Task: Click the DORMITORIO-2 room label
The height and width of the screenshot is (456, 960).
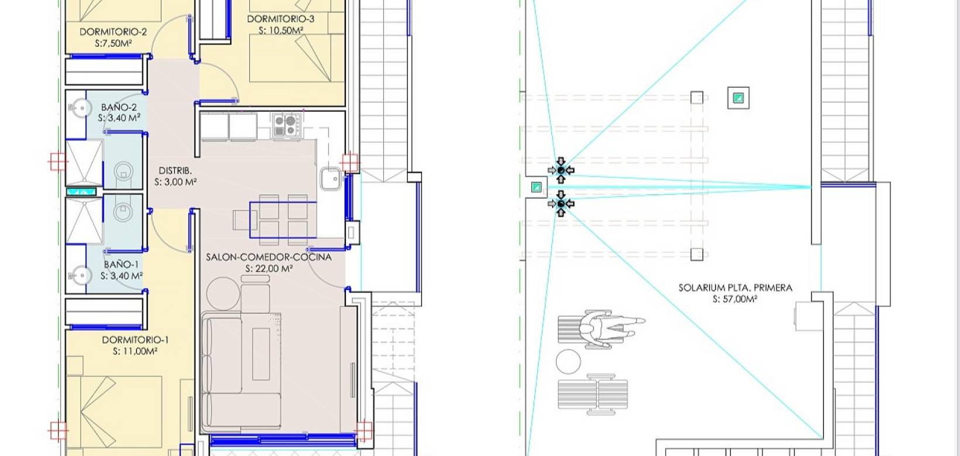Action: pyautogui.click(x=113, y=32)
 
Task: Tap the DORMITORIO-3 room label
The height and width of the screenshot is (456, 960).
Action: pyautogui.click(x=281, y=19)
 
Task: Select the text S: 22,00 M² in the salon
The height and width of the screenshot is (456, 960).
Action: pyautogui.click(x=269, y=268)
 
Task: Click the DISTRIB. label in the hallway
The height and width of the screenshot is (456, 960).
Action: pyautogui.click(x=175, y=170)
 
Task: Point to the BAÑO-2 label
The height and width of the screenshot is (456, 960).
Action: pyautogui.click(x=119, y=107)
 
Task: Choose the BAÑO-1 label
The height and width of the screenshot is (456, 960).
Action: pyautogui.click(x=121, y=265)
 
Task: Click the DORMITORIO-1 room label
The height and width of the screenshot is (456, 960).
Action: pyautogui.click(x=135, y=340)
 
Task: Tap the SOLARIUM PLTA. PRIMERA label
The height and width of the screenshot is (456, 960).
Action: pyautogui.click(x=735, y=288)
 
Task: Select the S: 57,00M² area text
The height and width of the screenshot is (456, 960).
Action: pyautogui.click(x=735, y=299)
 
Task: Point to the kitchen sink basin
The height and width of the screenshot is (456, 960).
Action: pyautogui.click(x=331, y=178)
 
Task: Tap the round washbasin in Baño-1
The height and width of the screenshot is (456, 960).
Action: pyautogui.click(x=80, y=275)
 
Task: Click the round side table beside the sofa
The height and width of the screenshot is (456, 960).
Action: pyautogui.click(x=223, y=293)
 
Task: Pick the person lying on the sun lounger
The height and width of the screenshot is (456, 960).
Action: pyautogui.click(x=612, y=329)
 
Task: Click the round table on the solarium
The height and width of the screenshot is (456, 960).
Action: pyautogui.click(x=568, y=361)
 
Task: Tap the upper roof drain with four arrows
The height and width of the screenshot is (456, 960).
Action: pyautogui.click(x=561, y=170)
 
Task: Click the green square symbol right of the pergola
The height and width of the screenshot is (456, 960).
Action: pyautogui.click(x=738, y=98)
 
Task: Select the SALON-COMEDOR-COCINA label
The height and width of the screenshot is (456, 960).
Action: pyautogui.click(x=269, y=257)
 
